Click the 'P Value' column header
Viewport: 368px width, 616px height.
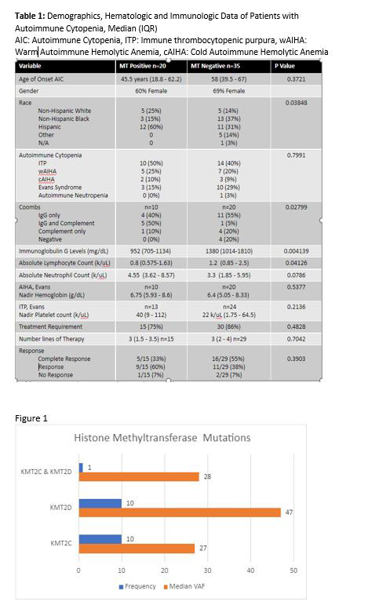tap(283, 66)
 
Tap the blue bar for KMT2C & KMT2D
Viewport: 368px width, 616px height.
tap(80, 468)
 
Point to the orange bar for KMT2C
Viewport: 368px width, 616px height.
tap(137, 548)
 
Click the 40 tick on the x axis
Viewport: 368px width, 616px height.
tap(250, 570)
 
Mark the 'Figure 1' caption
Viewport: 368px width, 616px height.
tap(31, 418)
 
